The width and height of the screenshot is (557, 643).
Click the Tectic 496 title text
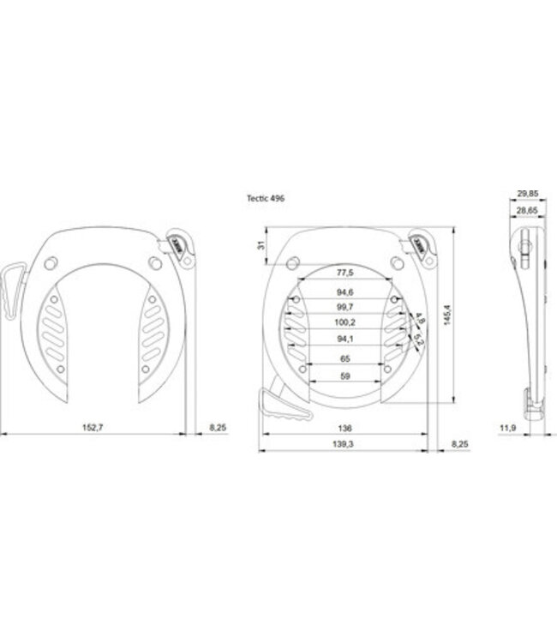pyautogui.click(x=266, y=198)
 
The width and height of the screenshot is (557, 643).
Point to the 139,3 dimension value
pyautogui.click(x=343, y=444)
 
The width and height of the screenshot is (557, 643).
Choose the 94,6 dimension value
pyautogui.click(x=344, y=291)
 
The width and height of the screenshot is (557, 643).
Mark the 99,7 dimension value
pyautogui.click(x=344, y=307)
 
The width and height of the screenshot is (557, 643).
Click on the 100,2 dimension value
pyautogui.click(x=344, y=322)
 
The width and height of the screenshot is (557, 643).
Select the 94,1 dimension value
pyautogui.click(x=344, y=339)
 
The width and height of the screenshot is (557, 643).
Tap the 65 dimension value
pyautogui.click(x=344, y=359)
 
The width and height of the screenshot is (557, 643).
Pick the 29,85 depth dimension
pyautogui.click(x=527, y=193)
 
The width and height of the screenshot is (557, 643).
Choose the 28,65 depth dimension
pyautogui.click(x=527, y=208)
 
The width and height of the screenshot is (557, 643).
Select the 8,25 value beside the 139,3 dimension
pyautogui.click(x=459, y=444)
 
